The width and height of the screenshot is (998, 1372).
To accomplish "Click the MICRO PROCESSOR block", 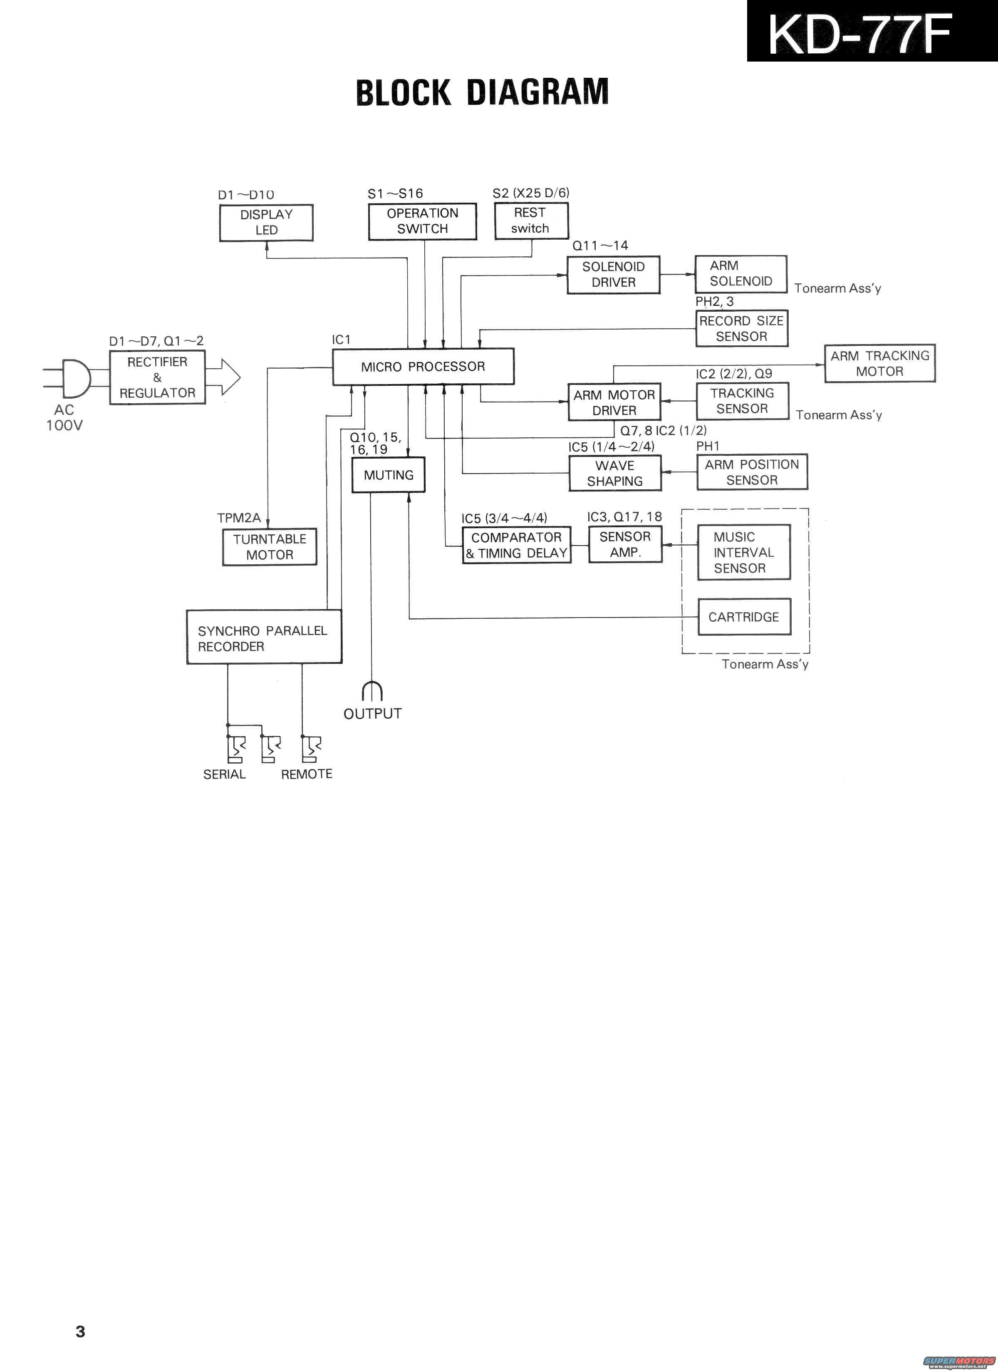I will click(423, 367).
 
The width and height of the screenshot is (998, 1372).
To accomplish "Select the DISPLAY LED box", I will click(266, 223).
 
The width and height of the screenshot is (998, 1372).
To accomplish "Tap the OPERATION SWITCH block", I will click(422, 221).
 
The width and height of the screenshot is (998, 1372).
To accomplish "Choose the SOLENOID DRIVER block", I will click(613, 275).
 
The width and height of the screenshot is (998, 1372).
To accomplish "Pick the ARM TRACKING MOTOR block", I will click(879, 364).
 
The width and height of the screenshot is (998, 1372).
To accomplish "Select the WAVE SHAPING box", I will click(614, 474).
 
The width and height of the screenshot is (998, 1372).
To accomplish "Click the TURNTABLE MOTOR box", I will click(269, 547).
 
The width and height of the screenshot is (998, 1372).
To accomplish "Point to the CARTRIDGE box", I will click(744, 617).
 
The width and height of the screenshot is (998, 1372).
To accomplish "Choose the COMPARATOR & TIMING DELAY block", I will click(517, 545).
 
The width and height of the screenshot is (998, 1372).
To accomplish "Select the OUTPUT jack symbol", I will click(372, 692).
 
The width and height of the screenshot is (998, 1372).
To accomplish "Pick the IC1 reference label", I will click(341, 340).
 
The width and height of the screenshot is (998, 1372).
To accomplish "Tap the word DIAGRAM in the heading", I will click(537, 92).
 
